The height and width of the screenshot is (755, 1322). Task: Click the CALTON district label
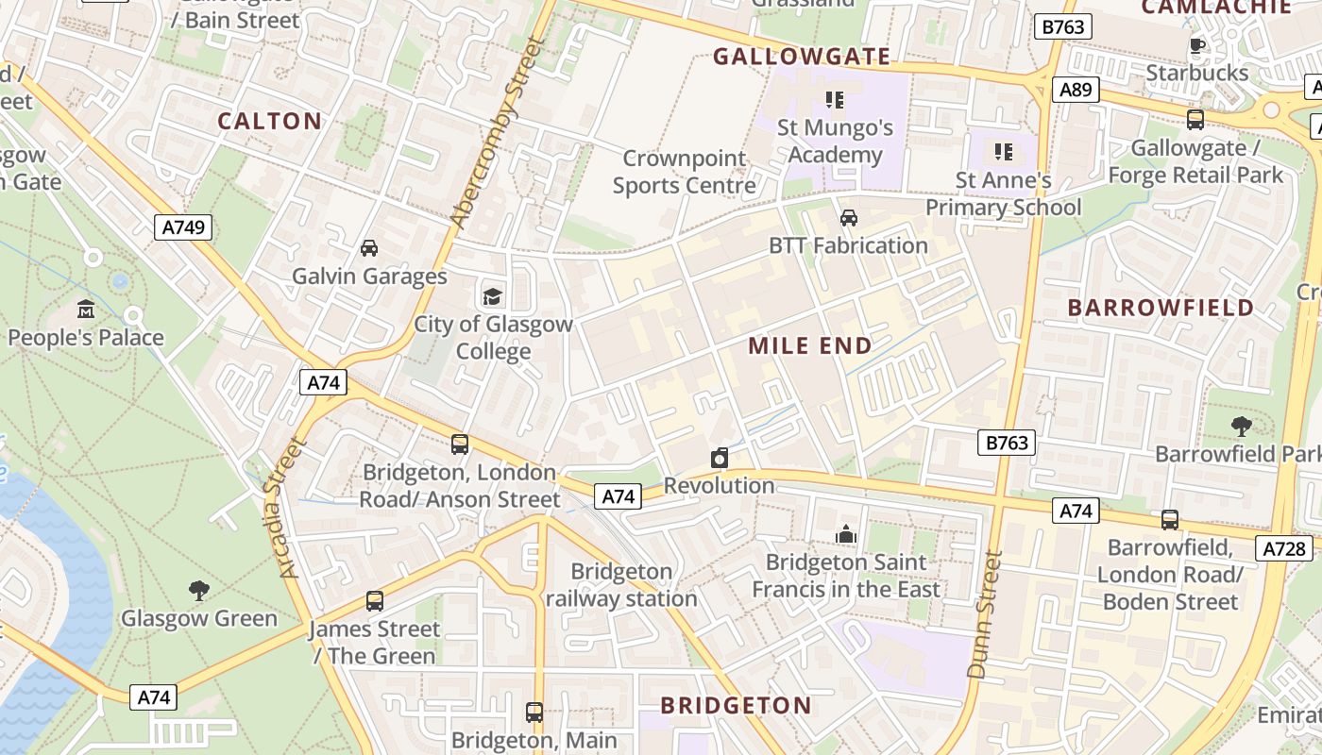tap(270, 121)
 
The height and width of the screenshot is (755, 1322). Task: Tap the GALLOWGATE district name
tap(802, 57)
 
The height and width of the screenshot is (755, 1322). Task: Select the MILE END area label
tap(810, 346)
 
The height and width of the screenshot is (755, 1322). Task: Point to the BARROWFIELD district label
tap(1161, 308)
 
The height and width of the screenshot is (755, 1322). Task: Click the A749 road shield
tap(183, 226)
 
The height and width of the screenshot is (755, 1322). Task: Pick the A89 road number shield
tap(1075, 90)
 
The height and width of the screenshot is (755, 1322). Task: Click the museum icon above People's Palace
tap(86, 310)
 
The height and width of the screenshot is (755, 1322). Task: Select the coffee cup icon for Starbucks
tap(1197, 45)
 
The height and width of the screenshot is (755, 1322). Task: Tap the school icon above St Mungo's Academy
tap(834, 99)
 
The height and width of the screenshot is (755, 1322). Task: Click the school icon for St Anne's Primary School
tap(1003, 151)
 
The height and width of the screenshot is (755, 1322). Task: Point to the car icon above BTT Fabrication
tap(848, 218)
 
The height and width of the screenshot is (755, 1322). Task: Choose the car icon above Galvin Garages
tap(369, 248)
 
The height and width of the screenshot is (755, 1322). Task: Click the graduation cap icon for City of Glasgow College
tap(493, 296)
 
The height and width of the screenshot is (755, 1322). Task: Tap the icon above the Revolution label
tap(720, 458)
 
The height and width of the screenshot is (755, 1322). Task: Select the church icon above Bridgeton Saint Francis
tap(845, 534)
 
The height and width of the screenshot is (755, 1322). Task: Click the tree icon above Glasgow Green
tap(198, 591)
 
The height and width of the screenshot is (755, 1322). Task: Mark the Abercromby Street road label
tap(498, 132)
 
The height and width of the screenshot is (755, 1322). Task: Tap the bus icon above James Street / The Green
tap(375, 601)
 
